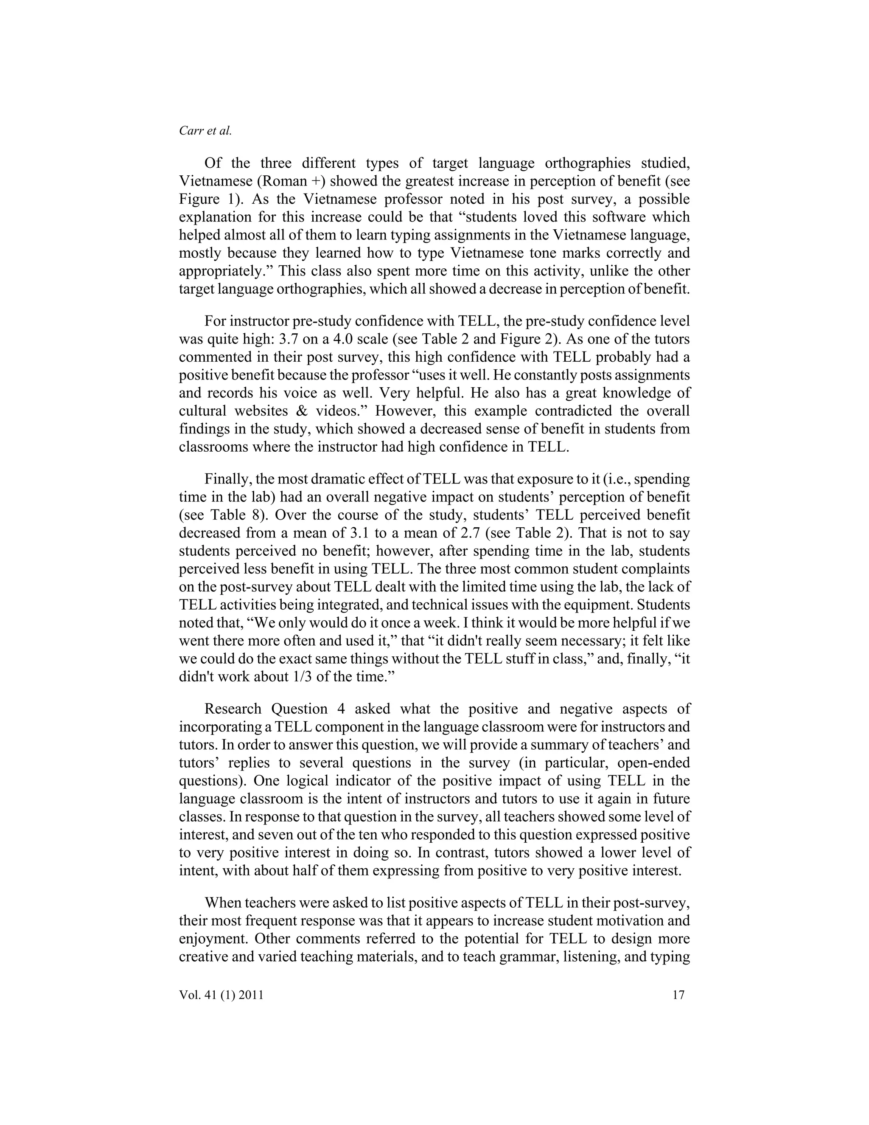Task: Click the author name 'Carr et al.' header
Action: point(205,131)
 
